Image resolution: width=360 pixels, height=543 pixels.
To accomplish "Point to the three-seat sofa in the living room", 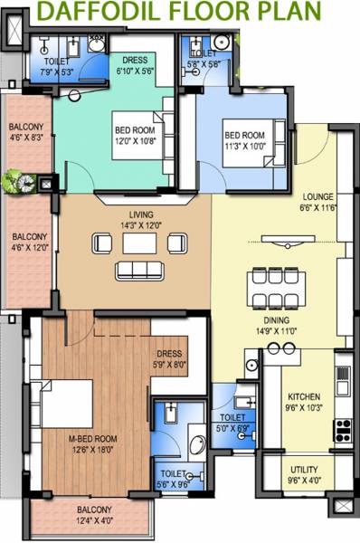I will coord(139,270).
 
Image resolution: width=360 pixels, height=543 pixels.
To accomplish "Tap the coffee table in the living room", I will coord(139,243).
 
